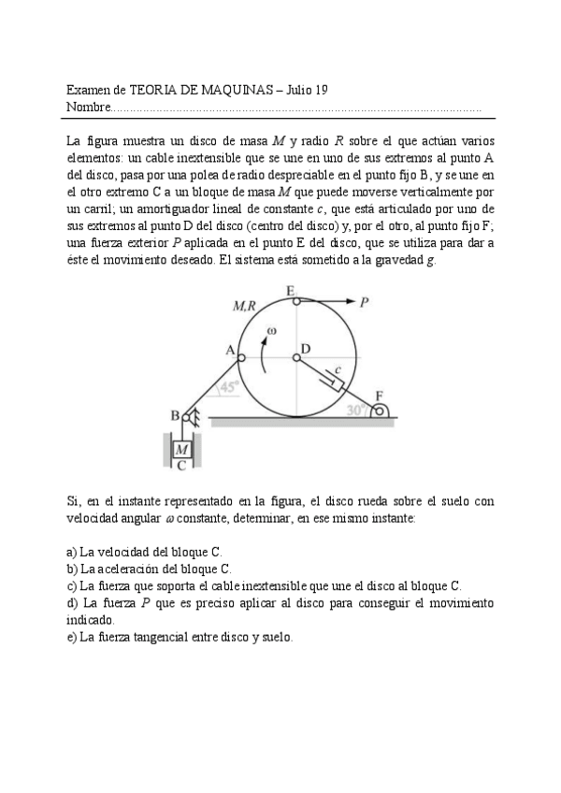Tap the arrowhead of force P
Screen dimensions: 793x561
353,301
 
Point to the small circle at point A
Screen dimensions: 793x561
240,356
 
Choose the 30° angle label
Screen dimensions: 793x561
356,409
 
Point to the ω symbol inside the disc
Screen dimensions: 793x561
272,330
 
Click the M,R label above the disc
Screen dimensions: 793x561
246,306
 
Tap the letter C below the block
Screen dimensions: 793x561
181,465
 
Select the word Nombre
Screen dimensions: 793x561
88,108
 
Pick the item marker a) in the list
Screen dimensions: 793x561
72,552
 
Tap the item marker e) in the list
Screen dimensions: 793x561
72,637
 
